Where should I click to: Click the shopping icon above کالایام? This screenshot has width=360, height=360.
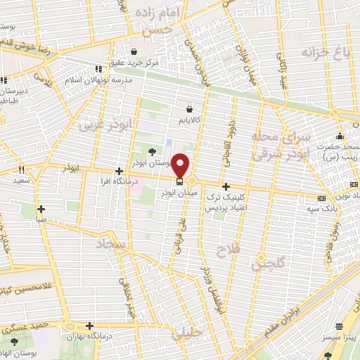tap(190, 109)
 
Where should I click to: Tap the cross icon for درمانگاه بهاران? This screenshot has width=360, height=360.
tap(89, 326)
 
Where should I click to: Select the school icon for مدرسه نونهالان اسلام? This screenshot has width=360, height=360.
tap(98, 69)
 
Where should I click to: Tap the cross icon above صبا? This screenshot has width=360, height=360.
tap(41, 208)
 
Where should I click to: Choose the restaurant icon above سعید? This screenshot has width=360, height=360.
tap(21, 169)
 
